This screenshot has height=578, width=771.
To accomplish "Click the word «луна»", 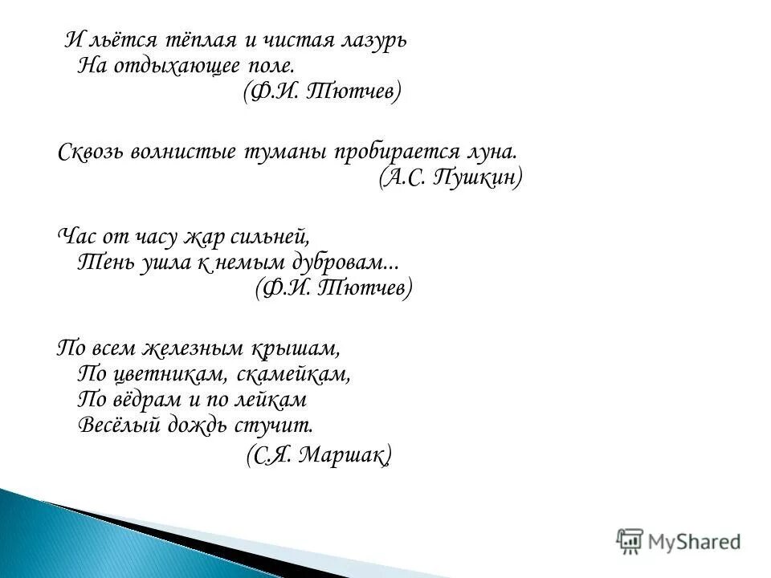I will pyautogui.click(x=488, y=153).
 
